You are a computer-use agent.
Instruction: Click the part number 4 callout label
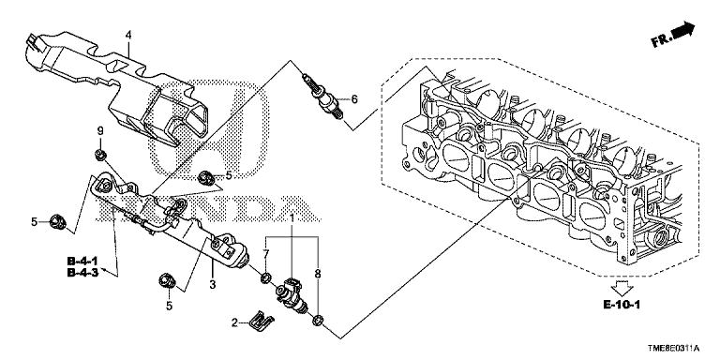tap(128, 35)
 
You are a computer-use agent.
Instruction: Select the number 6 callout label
tap(354, 98)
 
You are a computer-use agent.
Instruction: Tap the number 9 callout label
tap(99, 131)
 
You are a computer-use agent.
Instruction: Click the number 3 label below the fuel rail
tap(212, 285)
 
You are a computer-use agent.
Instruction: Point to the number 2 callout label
tap(234, 323)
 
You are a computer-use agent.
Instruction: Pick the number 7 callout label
tap(265, 254)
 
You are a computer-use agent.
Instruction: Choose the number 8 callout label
tap(317, 274)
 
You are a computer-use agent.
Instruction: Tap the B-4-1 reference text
tap(82, 262)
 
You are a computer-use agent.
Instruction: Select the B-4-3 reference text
tap(82, 272)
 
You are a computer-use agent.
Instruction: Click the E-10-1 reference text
tap(622, 305)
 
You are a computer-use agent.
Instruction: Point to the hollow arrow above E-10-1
tap(623, 288)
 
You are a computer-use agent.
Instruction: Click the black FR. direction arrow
tap(683, 30)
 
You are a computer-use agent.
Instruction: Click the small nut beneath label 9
tap(99, 156)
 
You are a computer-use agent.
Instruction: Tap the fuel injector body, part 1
tap(292, 294)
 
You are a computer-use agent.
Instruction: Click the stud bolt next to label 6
tap(322, 97)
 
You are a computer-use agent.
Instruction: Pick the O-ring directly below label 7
tap(265, 277)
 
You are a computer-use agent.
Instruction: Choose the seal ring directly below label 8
tap(317, 320)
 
